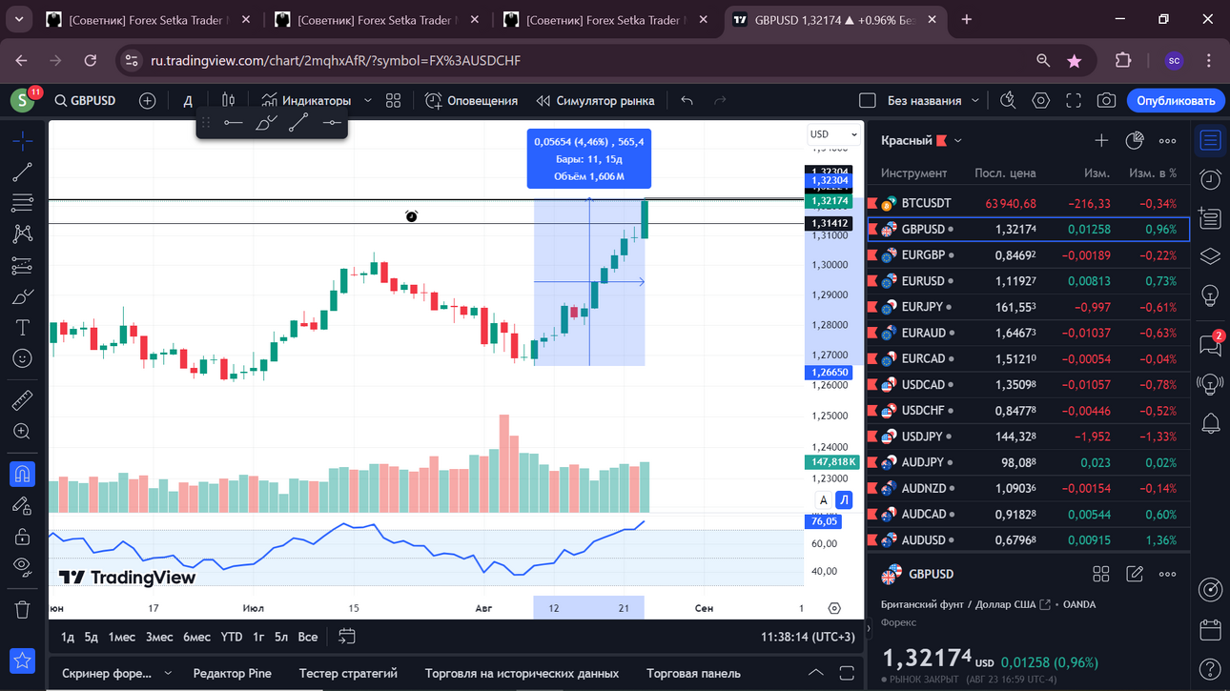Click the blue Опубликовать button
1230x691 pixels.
1175,101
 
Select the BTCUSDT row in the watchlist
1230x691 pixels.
1028,203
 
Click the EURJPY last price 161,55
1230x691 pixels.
1015,307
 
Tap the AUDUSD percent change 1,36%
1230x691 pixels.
1160,540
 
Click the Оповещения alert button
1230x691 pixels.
472,101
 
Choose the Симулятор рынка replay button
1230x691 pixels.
596,101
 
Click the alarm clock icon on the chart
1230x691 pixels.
411,216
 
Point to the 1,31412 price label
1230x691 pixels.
829,223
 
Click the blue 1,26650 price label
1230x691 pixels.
829,372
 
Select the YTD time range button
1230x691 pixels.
231,637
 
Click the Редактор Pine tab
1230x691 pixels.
233,674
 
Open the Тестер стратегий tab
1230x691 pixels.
348,674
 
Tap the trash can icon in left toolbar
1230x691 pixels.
22,610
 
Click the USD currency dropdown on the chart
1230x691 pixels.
833,134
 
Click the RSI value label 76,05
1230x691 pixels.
823,521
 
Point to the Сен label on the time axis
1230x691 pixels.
704,608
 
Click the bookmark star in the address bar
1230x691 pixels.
1074,61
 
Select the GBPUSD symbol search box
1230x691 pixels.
86,101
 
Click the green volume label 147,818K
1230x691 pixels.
831,462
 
